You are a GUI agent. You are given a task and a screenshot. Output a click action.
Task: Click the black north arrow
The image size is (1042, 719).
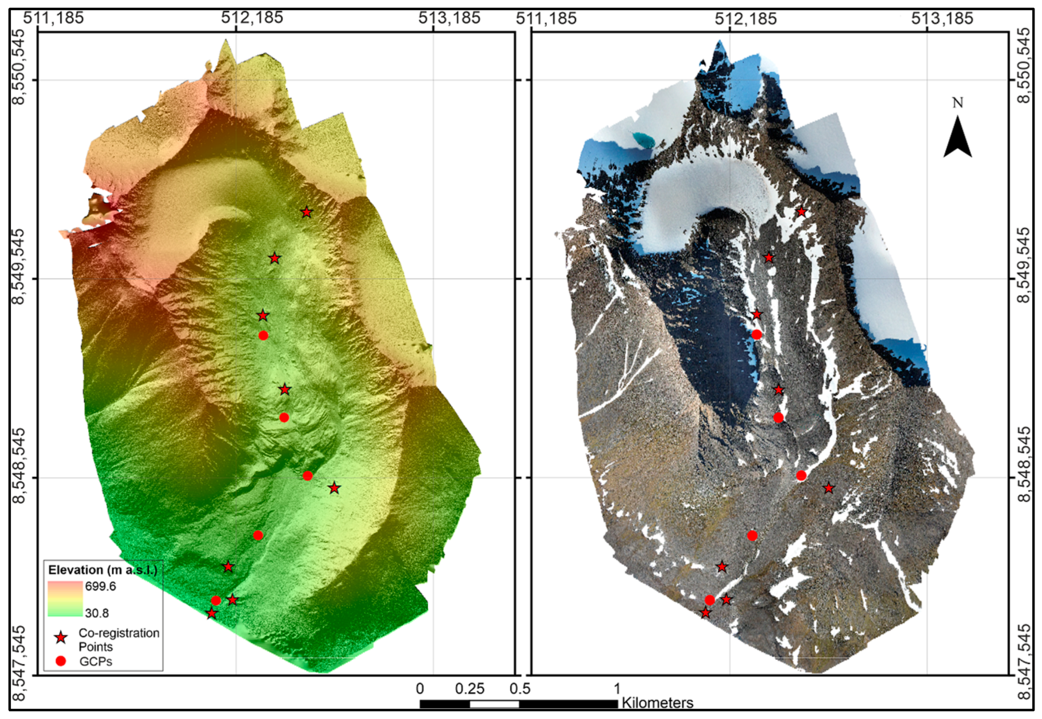point(957,138)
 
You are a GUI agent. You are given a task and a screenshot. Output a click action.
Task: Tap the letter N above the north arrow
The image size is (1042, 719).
point(957,103)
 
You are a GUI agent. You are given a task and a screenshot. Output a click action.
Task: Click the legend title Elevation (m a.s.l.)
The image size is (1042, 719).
point(102,570)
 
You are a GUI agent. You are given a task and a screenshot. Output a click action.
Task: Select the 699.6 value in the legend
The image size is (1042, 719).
point(100,586)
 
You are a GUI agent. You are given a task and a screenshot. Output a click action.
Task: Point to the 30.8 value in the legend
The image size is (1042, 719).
point(97,613)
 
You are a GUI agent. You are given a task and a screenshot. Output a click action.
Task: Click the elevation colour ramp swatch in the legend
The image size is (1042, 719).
point(65,599)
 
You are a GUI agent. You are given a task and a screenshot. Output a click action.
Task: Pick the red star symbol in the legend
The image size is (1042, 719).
point(61,637)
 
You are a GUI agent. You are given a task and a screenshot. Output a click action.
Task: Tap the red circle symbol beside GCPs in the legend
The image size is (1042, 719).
point(60,661)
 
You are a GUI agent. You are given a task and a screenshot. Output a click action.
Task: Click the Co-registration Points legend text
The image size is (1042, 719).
point(118,640)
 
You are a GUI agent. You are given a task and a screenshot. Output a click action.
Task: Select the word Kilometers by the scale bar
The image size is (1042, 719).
point(657,703)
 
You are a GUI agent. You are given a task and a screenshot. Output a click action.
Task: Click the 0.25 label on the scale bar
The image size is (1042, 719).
point(469,689)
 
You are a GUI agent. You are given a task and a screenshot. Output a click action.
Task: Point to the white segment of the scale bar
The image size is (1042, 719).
point(494,704)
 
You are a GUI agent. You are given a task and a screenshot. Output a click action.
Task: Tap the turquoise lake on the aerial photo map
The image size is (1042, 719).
point(643,139)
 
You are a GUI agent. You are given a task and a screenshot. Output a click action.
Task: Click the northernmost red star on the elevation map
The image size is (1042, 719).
point(306,212)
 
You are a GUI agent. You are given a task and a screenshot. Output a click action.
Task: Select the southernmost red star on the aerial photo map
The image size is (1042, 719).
point(705,613)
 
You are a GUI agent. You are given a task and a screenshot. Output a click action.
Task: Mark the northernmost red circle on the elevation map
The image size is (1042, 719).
point(263,335)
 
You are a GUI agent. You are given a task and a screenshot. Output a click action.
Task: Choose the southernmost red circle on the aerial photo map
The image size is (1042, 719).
point(710,600)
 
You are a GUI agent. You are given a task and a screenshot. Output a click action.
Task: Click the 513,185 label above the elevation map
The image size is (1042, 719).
point(449,18)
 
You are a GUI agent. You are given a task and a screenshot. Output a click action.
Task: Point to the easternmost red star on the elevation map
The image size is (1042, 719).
point(334,488)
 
